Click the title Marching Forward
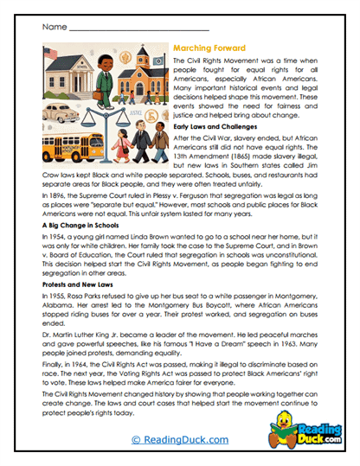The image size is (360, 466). (211, 51)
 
